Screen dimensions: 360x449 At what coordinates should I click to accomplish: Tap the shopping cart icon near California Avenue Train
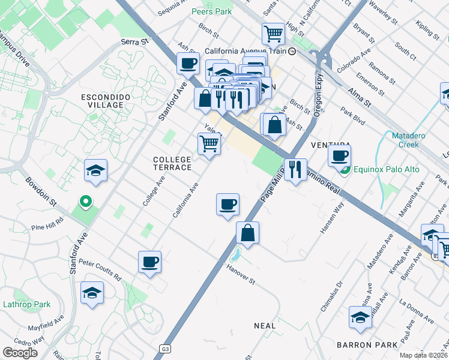click(x=273, y=34)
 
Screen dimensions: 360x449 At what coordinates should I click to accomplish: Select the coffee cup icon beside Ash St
click(x=188, y=63)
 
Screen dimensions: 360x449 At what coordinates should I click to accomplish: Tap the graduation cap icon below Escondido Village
click(x=95, y=171)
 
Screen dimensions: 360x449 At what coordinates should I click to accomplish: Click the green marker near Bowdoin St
click(x=85, y=202)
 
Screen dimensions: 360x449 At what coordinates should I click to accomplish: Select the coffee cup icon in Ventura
click(x=339, y=157)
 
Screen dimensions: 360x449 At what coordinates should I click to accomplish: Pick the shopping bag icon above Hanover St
click(x=247, y=233)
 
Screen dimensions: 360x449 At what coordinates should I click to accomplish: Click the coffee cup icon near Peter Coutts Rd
click(x=149, y=262)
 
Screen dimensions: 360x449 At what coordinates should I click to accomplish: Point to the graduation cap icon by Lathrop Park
click(x=92, y=293)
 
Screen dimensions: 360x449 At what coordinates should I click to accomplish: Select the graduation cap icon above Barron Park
click(x=360, y=317)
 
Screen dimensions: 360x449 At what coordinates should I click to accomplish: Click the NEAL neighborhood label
click(x=265, y=326)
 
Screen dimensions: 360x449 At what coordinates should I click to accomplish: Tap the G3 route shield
click(x=166, y=348)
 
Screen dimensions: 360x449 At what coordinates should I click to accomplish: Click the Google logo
click(x=20, y=352)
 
